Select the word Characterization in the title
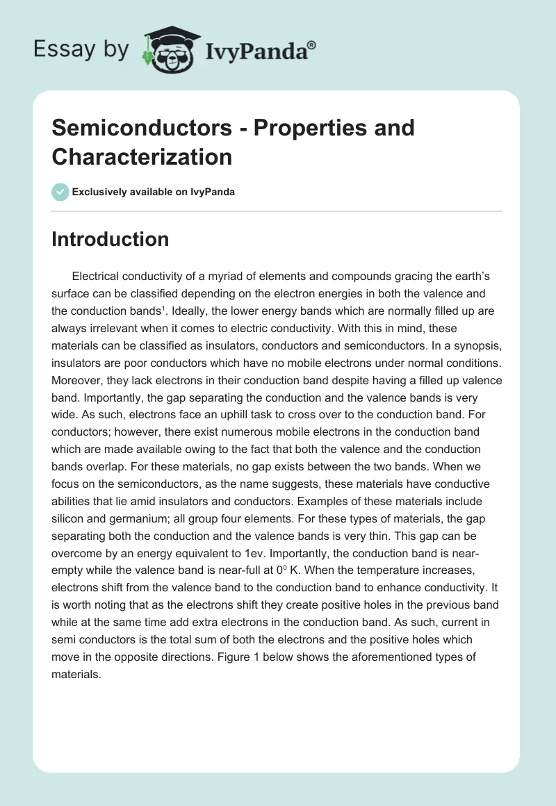tap(142, 157)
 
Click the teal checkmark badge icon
tap(60, 192)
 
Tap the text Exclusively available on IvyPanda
tap(154, 192)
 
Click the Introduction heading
tap(110, 239)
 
